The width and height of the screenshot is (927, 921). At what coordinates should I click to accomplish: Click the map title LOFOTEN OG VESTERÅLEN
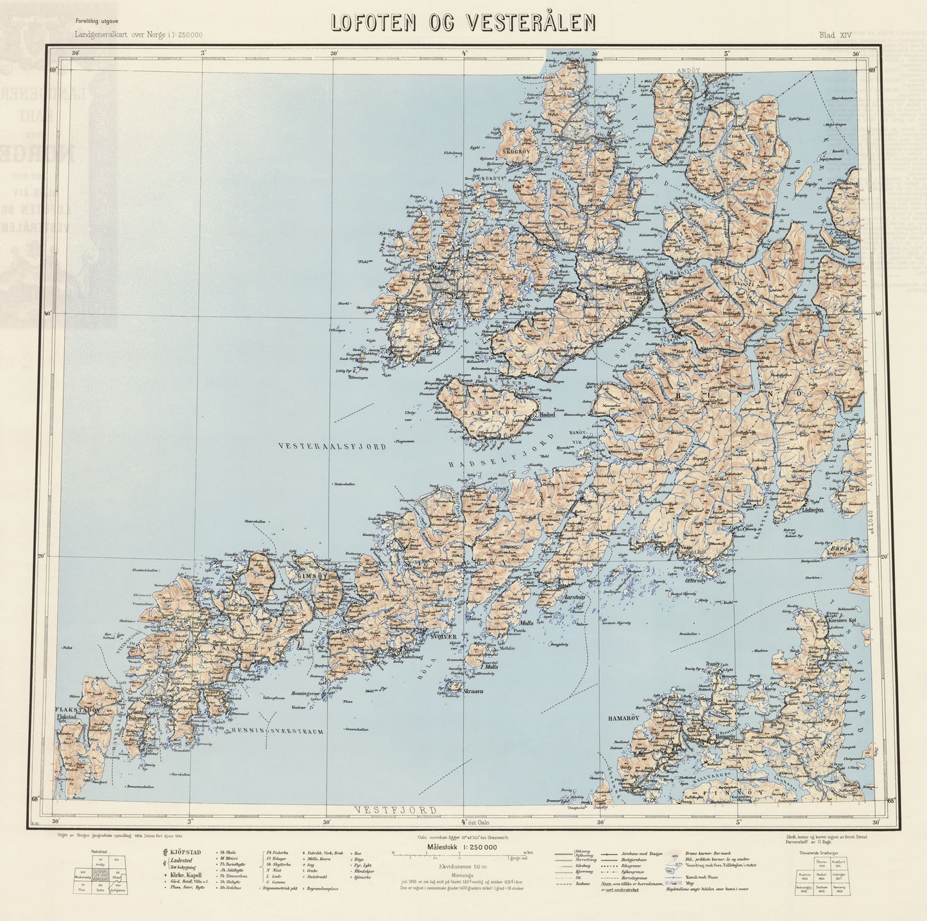(463, 22)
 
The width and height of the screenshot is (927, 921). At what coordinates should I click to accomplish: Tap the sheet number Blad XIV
(835, 36)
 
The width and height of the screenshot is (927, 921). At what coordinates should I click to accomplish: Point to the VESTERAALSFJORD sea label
(332, 446)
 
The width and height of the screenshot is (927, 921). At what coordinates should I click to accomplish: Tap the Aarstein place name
(575, 597)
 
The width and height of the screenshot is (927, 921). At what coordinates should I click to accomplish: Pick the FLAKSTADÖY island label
(78, 710)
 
